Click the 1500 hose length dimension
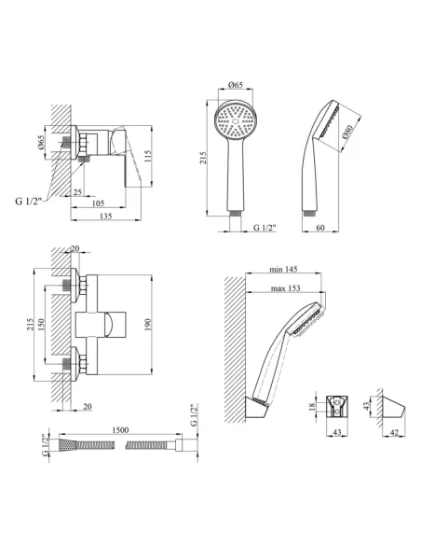[120, 430]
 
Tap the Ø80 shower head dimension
[347, 132]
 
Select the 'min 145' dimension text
[284, 269]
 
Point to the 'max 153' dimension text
[285, 288]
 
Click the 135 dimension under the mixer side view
[106, 216]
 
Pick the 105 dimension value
[98, 203]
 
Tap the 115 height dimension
[148, 156]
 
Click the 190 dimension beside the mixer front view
[148, 325]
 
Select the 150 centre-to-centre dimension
[41, 325]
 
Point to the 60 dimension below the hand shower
[320, 228]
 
